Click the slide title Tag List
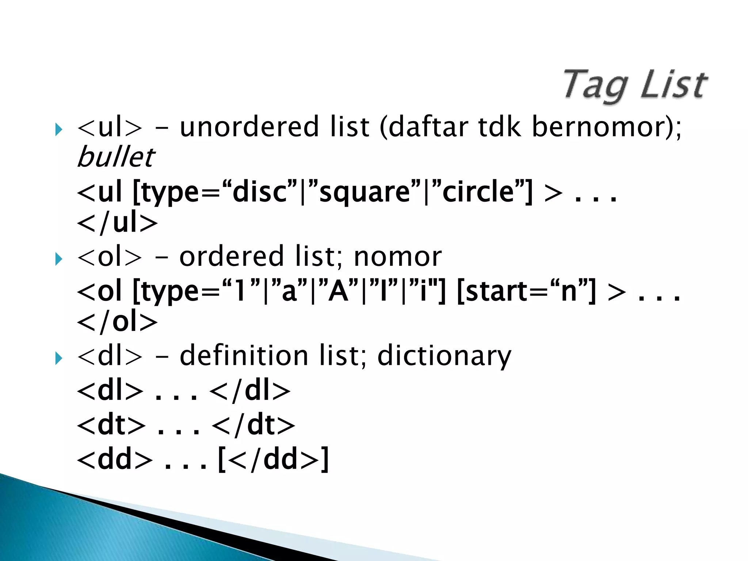(635, 85)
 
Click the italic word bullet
(116, 157)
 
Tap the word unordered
(249, 127)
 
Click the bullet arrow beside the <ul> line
(58, 129)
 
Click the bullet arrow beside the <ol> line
(58, 259)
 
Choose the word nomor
(398, 257)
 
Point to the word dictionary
(444, 356)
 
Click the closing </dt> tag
(253, 425)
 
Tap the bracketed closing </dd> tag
(273, 460)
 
